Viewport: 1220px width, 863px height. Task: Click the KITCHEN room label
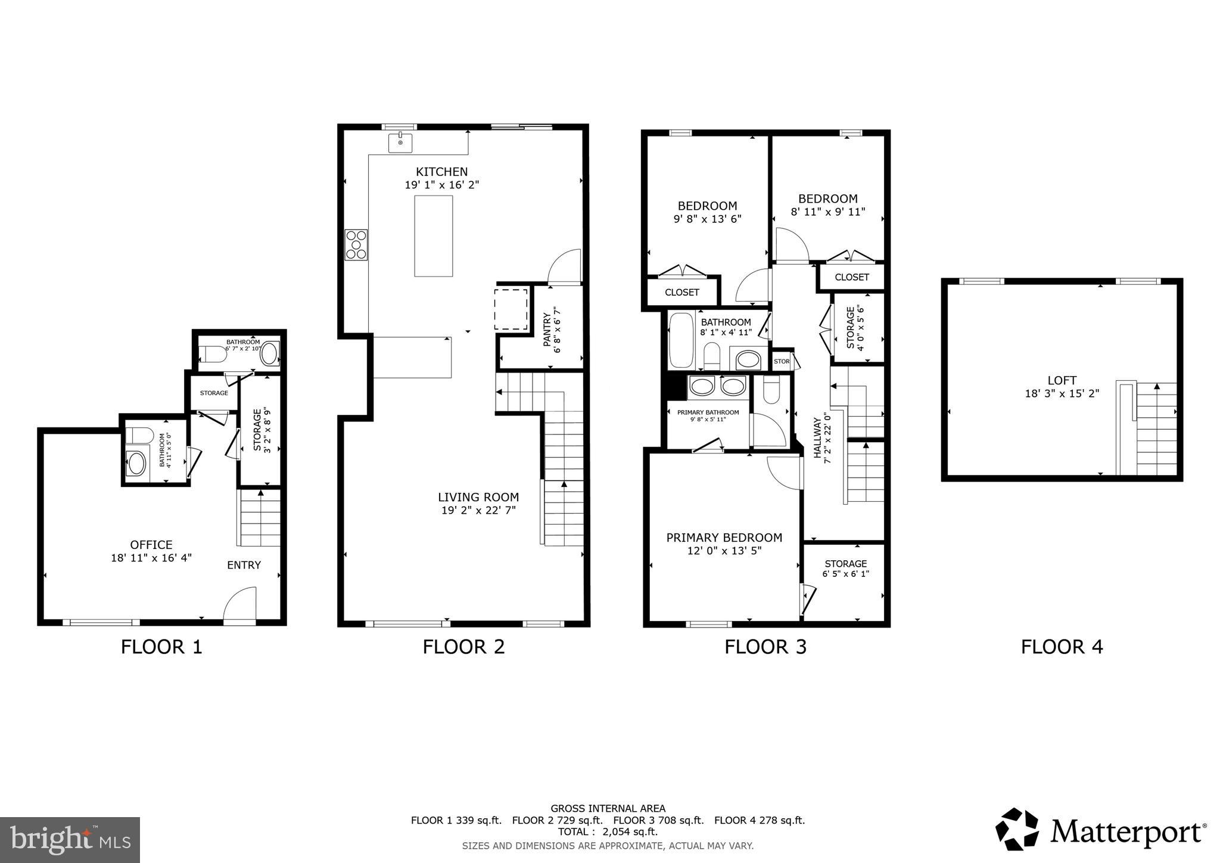441,172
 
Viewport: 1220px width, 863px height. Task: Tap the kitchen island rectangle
433,236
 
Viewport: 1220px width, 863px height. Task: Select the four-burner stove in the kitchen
356,244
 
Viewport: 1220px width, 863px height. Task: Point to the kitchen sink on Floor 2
400,143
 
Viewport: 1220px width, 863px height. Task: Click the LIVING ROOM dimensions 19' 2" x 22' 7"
478,510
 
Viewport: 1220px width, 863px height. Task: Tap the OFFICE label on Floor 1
151,545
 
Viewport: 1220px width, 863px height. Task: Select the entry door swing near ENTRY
241,605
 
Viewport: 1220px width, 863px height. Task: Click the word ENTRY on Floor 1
244,565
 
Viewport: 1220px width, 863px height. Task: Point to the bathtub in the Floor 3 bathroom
681,341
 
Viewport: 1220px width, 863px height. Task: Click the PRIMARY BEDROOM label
724,538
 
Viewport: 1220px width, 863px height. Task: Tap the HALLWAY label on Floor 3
817,437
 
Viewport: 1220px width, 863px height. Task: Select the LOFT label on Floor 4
1062,380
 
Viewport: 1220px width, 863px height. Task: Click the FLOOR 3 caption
765,647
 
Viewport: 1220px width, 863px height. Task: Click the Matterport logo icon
1017,829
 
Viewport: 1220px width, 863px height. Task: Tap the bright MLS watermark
70,840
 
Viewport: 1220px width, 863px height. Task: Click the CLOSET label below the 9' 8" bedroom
681,293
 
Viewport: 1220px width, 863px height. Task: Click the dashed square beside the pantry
511,309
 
